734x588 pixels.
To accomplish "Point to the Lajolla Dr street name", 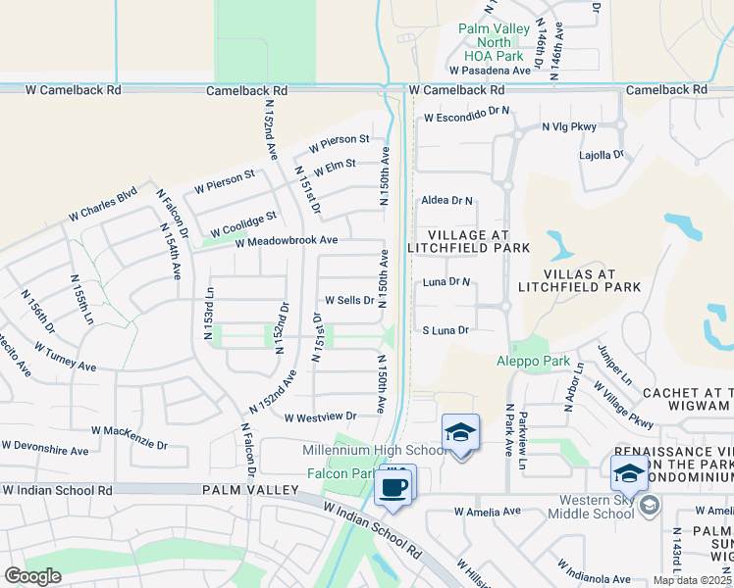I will (603, 155).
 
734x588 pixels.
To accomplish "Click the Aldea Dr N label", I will (446, 200).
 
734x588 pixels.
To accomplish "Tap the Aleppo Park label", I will (534, 362).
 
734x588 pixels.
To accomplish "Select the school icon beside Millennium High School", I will (460, 432).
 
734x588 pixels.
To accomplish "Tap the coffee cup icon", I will (393, 486).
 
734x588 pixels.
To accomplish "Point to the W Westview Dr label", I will (320, 416).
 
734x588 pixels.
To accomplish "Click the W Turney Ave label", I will (65, 357).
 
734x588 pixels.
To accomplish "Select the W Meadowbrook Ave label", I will (286, 240).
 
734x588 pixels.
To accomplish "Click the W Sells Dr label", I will (349, 300).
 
